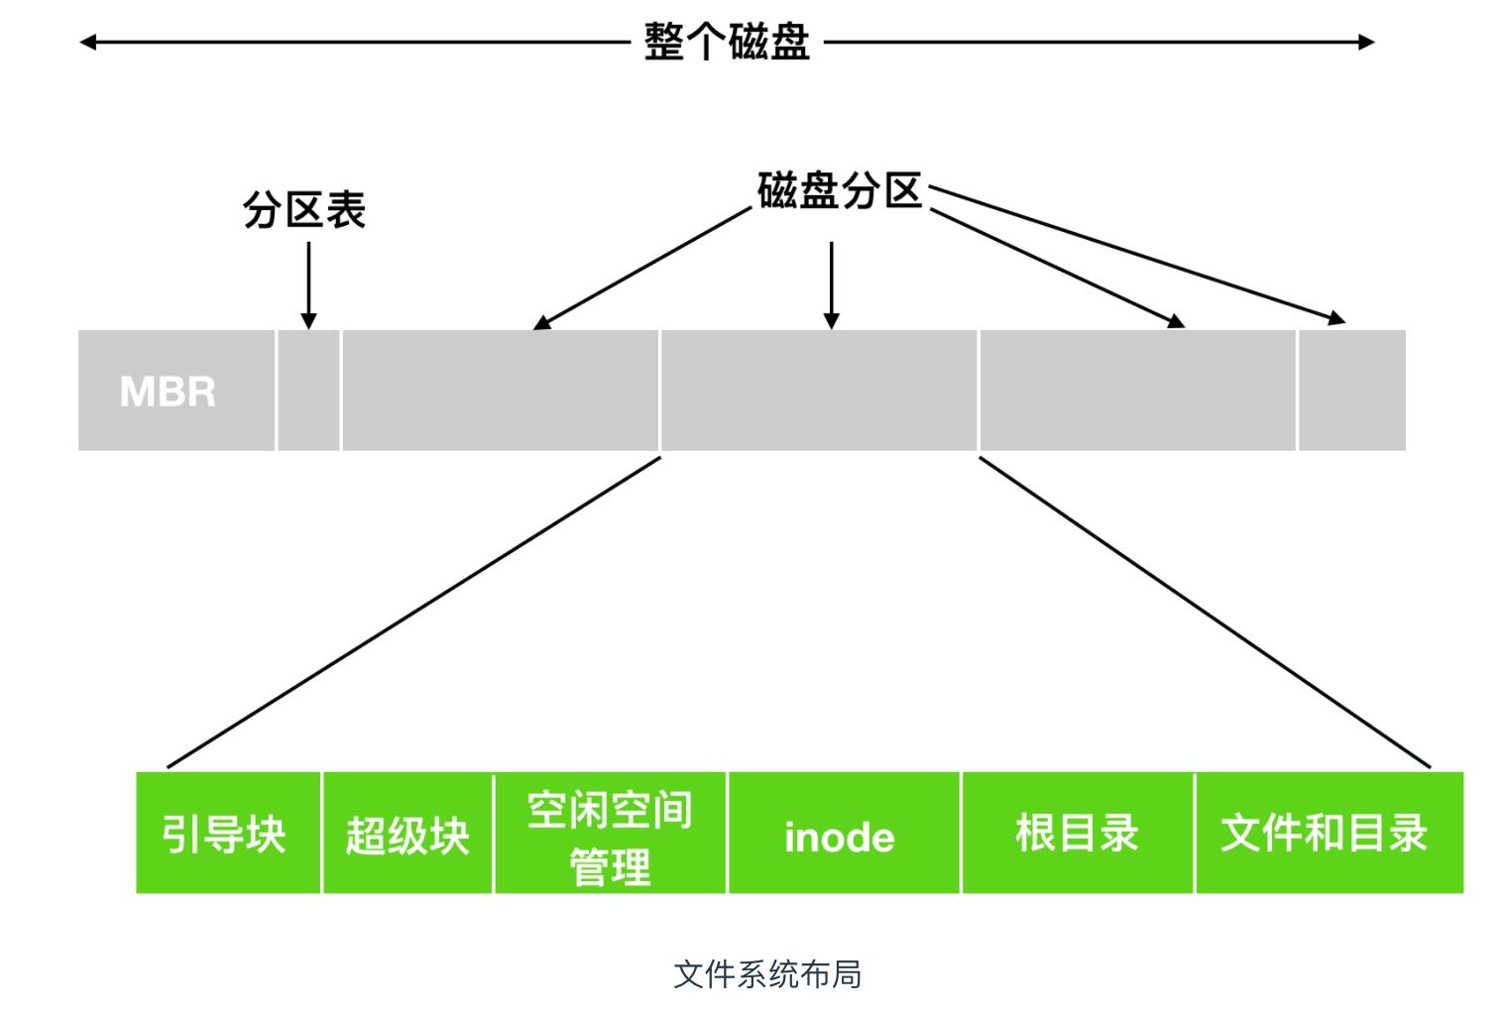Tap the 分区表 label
pos(304,210)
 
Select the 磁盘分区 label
pos(840,191)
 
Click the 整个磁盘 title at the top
pos(727,42)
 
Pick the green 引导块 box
pos(227,833)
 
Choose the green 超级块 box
pos(407,833)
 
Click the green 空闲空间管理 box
pos(610,833)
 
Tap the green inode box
pos(843,833)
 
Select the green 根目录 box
pos(1077,833)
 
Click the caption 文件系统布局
pos(767,974)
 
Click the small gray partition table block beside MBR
pos(308,391)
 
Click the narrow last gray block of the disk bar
pos(1351,391)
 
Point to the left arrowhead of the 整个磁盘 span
pos(87,42)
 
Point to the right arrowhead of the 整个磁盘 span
pos(1367,42)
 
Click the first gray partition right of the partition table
pos(500,391)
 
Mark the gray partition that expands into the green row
pos(819,391)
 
